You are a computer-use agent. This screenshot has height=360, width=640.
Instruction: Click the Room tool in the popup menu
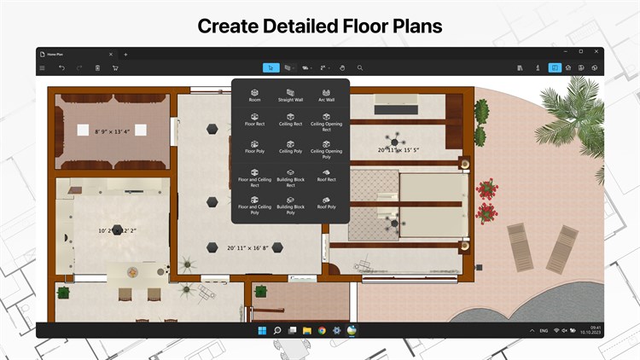click(x=254, y=94)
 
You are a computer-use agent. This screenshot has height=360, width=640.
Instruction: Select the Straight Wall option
click(x=290, y=94)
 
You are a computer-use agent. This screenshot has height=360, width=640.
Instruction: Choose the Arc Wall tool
click(x=326, y=94)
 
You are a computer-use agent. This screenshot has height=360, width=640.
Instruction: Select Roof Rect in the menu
click(x=326, y=176)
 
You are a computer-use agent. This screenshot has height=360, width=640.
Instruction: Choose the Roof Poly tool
click(x=326, y=202)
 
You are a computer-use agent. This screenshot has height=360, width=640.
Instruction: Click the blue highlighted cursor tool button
click(x=270, y=67)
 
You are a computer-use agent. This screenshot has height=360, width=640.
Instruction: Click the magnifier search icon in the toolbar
click(x=360, y=67)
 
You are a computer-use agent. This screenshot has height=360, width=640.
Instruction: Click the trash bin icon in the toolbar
click(x=97, y=67)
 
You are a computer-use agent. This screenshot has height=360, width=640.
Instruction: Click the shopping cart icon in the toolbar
click(x=114, y=67)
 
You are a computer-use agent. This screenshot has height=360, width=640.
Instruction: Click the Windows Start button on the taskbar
click(x=262, y=330)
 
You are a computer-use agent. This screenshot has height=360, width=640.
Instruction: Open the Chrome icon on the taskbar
click(x=322, y=330)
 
